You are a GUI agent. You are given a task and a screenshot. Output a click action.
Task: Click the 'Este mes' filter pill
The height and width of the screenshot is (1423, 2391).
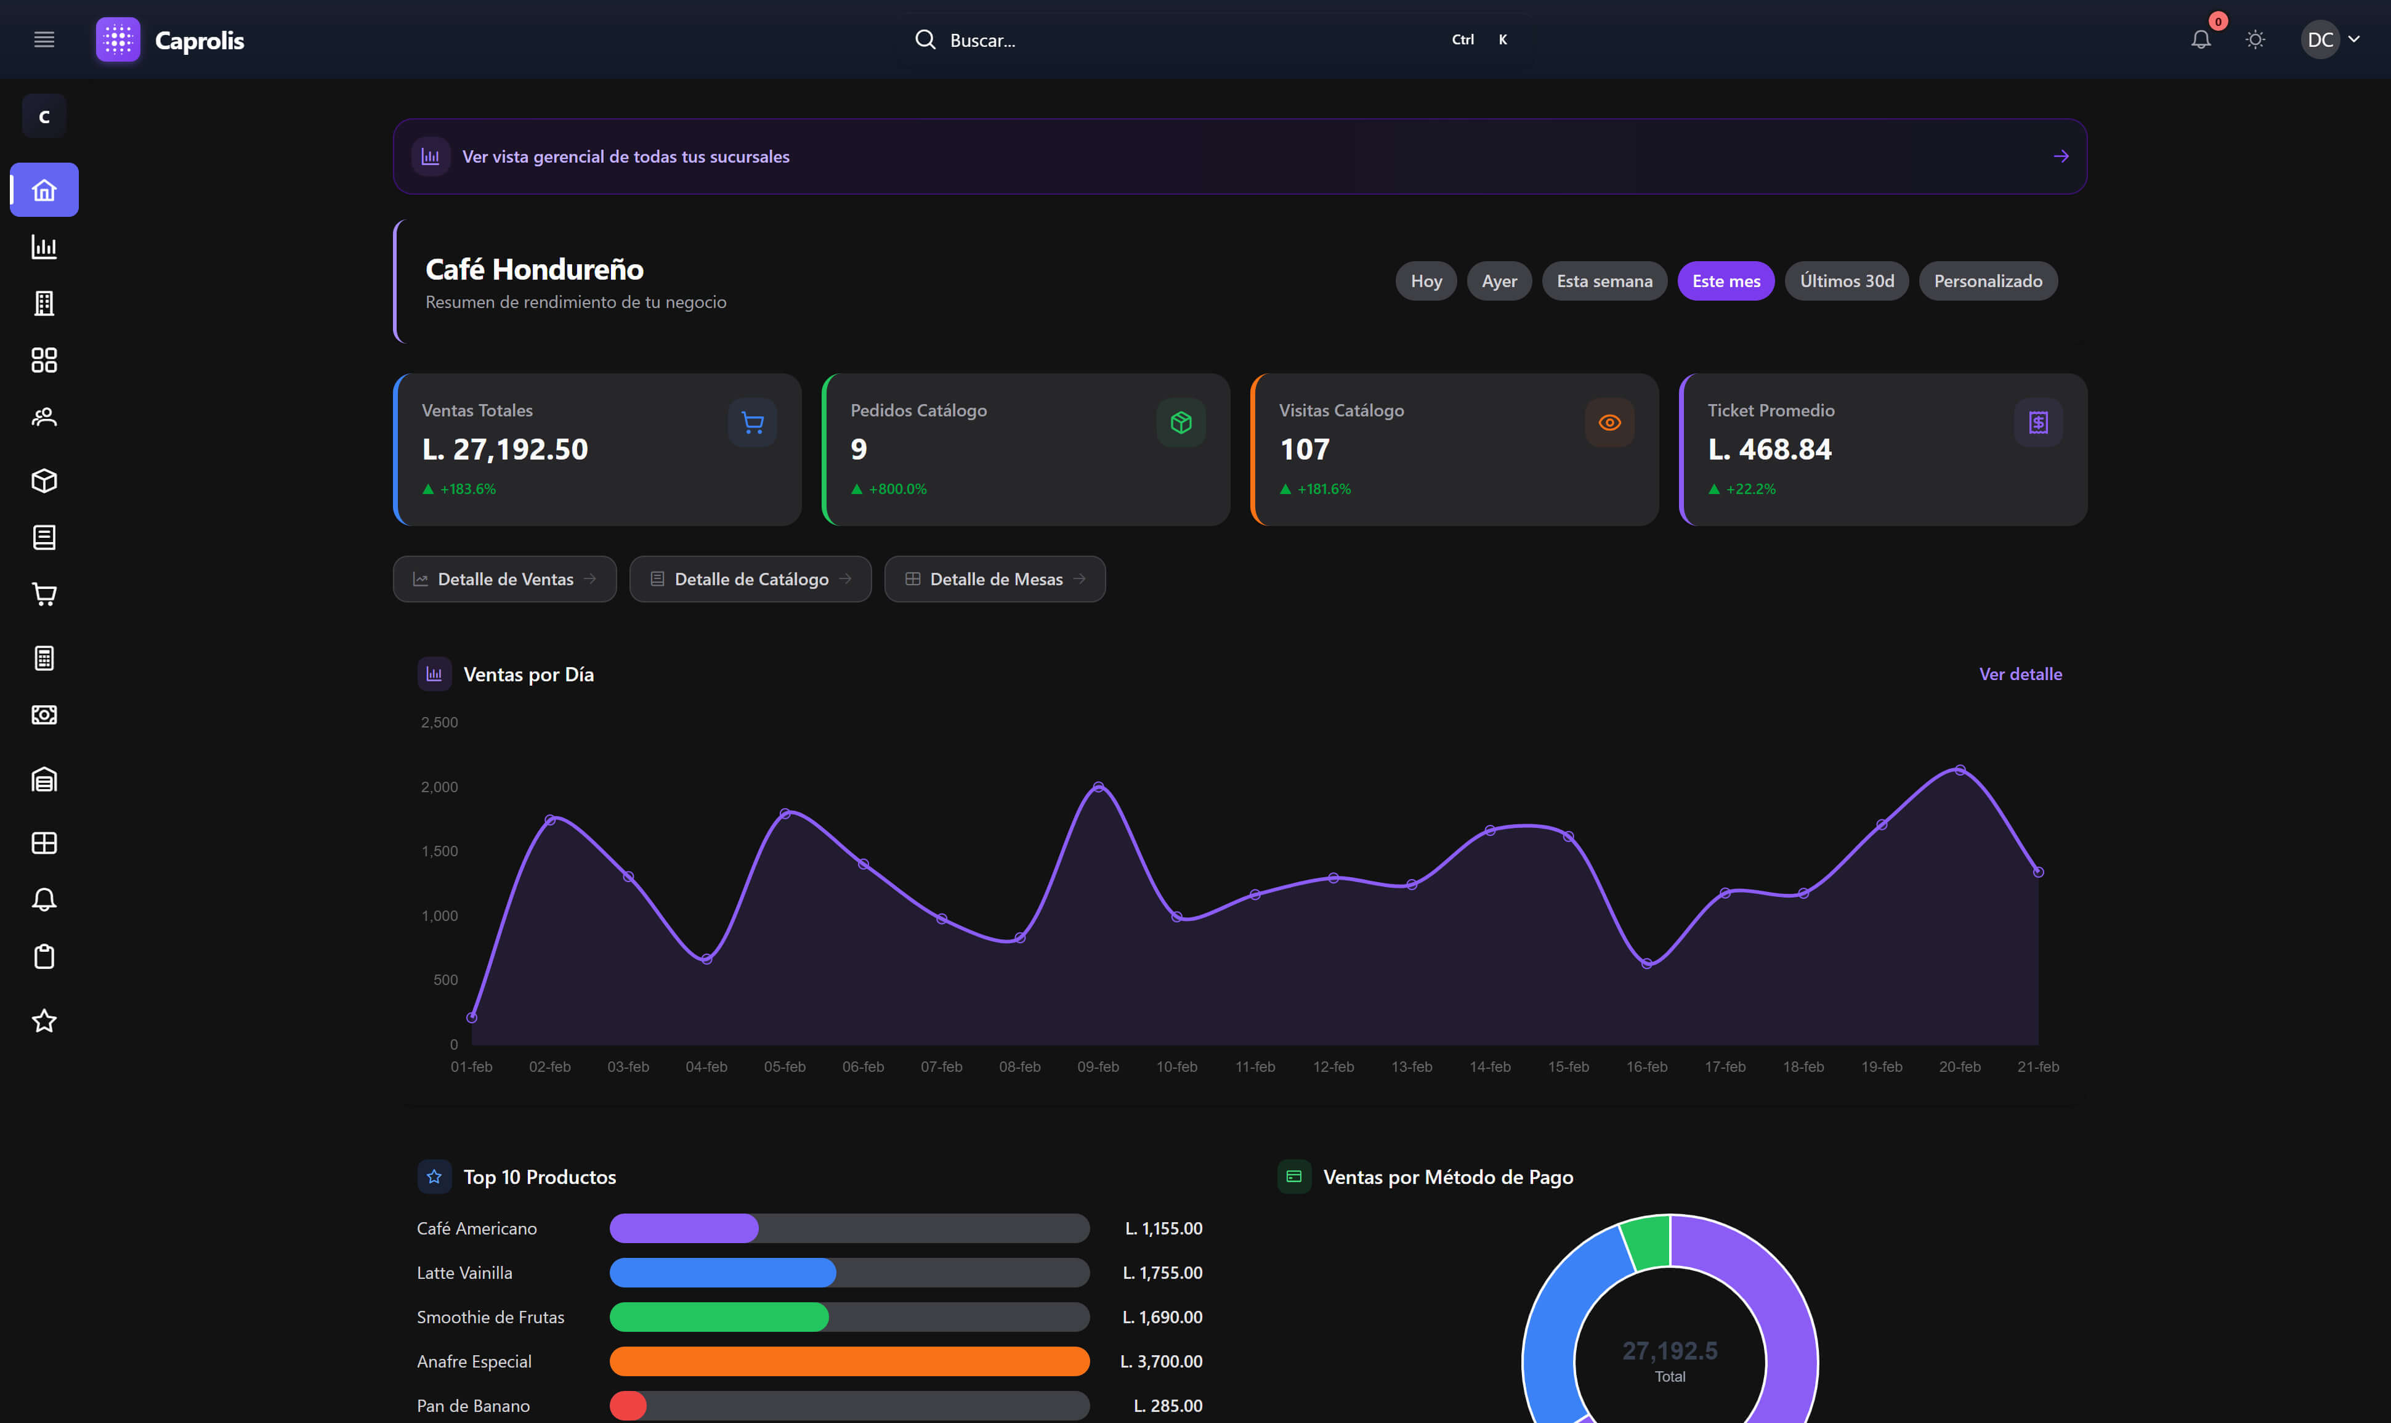[1726, 281]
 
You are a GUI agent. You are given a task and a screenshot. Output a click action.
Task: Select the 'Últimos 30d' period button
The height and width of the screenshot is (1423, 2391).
[1847, 281]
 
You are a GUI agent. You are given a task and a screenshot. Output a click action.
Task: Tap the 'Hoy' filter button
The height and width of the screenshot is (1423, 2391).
[1426, 281]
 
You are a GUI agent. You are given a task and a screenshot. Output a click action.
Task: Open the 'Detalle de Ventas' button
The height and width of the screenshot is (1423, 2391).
[504, 579]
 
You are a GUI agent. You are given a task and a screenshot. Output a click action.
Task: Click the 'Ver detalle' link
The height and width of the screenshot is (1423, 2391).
[2020, 674]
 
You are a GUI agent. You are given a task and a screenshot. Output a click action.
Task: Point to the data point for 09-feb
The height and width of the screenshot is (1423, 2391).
[1098, 787]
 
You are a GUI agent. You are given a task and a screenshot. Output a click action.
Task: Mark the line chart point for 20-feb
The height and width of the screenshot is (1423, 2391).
[1960, 770]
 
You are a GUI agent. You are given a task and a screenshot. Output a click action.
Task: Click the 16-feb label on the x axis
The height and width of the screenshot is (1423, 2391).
[1646, 1066]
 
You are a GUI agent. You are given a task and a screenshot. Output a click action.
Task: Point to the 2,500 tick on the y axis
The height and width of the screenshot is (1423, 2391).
[439, 722]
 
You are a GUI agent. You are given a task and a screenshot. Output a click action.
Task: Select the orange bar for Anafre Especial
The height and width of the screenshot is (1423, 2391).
[849, 1361]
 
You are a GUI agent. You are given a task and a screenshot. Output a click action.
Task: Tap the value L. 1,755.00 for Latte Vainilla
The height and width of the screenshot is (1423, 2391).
[1162, 1273]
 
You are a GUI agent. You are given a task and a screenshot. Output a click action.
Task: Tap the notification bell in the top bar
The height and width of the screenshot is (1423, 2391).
[2200, 39]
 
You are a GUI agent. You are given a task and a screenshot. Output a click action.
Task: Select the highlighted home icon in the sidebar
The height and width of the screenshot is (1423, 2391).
[44, 190]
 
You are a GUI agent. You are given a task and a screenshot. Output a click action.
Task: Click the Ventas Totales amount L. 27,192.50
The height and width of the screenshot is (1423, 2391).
[505, 448]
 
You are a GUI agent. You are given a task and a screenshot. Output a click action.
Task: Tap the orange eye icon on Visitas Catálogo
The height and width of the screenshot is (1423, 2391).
[1609, 423]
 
